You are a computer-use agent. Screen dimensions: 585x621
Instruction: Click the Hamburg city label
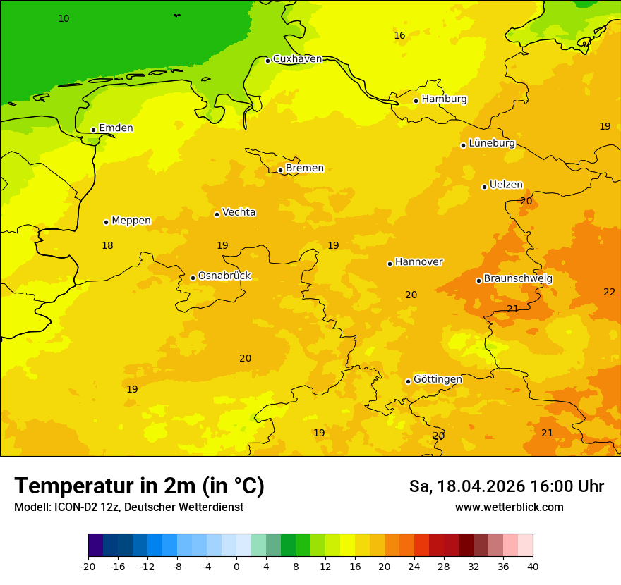(444, 99)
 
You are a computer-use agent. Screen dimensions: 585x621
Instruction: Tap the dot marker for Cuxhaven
(268, 61)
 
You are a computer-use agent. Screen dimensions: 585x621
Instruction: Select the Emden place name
(116, 128)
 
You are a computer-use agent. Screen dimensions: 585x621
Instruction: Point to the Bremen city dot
(280, 170)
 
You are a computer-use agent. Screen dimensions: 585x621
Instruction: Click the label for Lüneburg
(492, 143)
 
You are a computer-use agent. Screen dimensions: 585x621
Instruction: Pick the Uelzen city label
(506, 185)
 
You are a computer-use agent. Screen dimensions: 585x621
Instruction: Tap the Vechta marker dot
(217, 214)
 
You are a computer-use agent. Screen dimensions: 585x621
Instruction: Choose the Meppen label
(131, 221)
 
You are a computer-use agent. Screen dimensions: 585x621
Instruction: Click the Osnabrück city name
(224, 276)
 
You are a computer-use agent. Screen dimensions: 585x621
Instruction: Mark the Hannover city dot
(390, 264)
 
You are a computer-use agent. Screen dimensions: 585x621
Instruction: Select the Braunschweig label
(518, 278)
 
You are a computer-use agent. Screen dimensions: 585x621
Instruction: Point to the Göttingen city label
(438, 379)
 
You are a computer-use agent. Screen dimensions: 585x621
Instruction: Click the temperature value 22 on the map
(609, 292)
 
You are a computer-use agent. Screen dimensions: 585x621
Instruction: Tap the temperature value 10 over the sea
(64, 18)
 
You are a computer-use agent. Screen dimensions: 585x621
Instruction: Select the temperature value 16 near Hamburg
(399, 35)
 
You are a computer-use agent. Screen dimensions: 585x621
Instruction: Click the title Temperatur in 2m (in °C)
(140, 486)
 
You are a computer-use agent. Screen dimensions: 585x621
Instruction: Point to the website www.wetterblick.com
(509, 507)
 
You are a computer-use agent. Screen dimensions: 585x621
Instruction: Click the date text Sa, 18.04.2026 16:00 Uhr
(507, 486)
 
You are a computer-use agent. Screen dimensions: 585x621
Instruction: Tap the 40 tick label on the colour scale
(533, 566)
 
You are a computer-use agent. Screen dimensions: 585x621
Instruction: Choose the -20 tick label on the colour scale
(88, 566)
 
